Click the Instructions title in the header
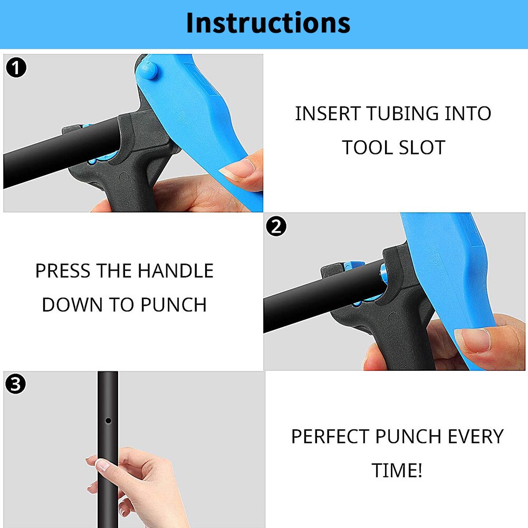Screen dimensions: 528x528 point(268,23)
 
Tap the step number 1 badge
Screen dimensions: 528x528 point(16,68)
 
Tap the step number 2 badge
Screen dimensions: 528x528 point(276,226)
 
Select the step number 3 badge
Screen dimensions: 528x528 point(16,385)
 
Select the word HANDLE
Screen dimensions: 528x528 point(175,271)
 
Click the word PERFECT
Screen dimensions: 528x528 point(330,437)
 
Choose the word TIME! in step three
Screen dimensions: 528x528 point(397,471)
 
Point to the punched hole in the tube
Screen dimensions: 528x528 point(108,420)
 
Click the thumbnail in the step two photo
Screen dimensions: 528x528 point(473,341)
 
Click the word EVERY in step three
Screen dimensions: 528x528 point(475,437)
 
